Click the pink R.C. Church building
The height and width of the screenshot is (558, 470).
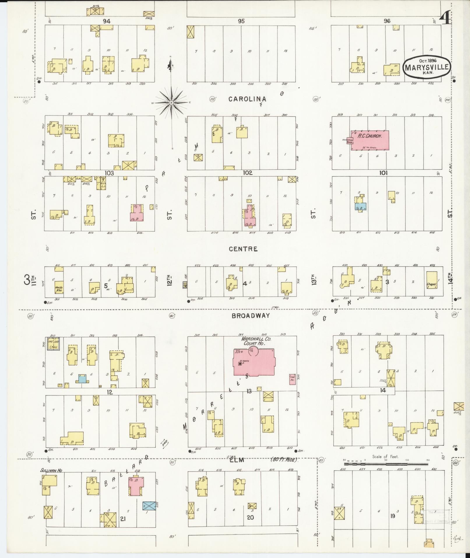(x=370, y=140)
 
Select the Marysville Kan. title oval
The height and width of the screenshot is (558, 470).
(x=427, y=67)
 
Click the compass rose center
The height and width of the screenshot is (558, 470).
(x=172, y=103)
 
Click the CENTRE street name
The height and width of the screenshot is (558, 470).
(x=243, y=249)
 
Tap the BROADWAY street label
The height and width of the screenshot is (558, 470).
(x=251, y=316)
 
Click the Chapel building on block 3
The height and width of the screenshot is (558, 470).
(x=432, y=280)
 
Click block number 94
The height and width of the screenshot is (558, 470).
(x=106, y=21)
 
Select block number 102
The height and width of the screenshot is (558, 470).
(x=247, y=173)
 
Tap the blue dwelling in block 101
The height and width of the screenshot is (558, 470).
(x=360, y=206)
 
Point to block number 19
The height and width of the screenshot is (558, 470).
(x=393, y=516)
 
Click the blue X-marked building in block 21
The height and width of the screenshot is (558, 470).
(x=149, y=505)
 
